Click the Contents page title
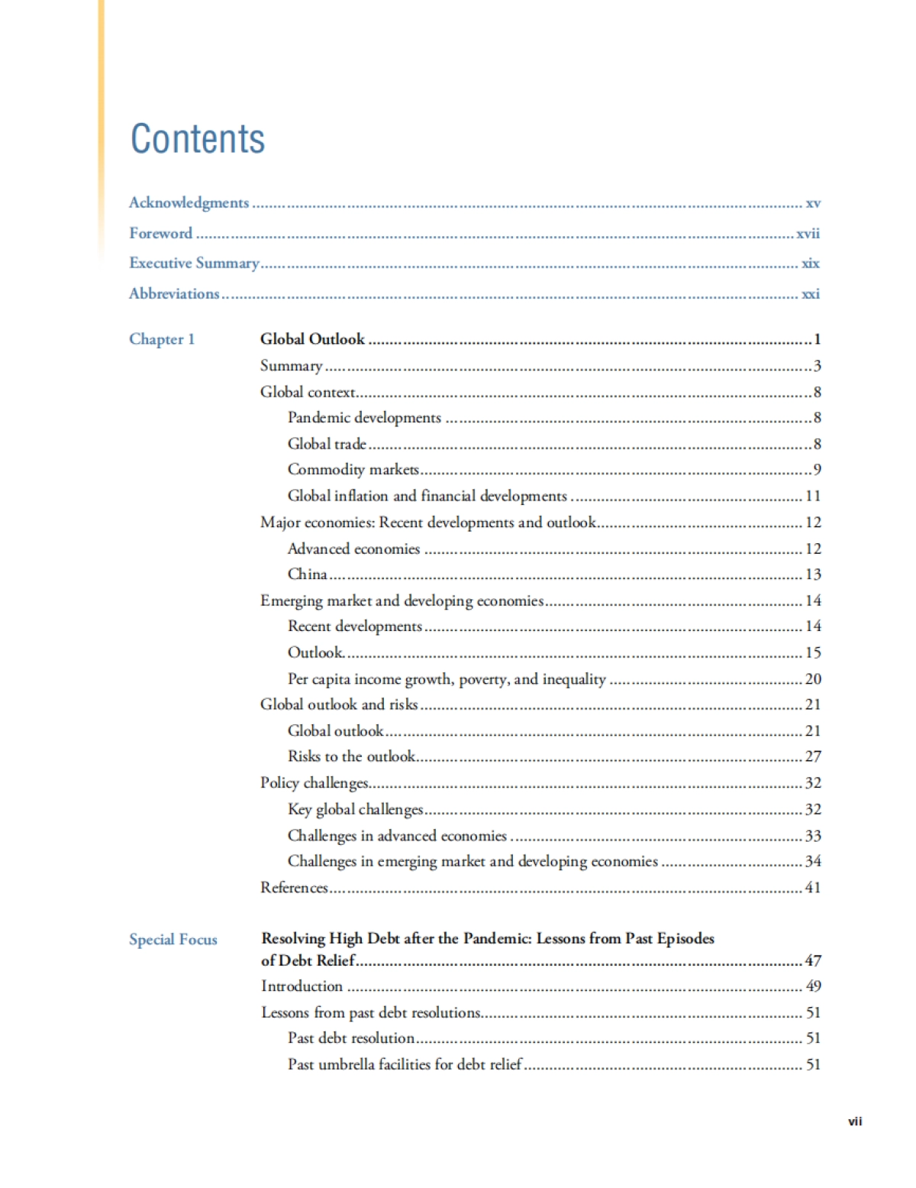[198, 139]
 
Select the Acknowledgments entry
[189, 202]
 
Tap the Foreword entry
[160, 233]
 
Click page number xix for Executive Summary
[810, 264]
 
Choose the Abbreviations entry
[174, 293]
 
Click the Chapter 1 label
[162, 339]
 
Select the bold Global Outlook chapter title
[312, 339]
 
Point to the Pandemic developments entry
[364, 418]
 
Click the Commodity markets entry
[353, 469]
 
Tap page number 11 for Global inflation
[813, 496]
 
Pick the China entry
[307, 575]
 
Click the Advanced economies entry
[353, 549]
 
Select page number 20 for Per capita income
[813, 679]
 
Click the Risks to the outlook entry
[351, 756]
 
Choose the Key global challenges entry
[355, 809]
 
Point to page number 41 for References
[813, 888]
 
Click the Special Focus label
[173, 940]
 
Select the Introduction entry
[302, 986]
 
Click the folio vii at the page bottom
[855, 1122]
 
